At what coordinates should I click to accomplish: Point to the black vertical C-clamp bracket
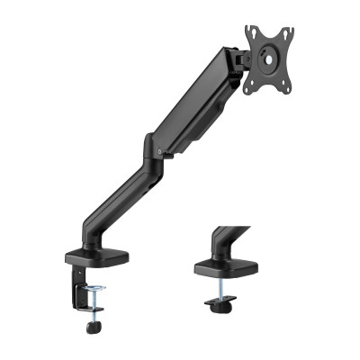pos(73,278)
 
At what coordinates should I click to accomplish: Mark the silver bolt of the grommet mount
pos(222,290)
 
